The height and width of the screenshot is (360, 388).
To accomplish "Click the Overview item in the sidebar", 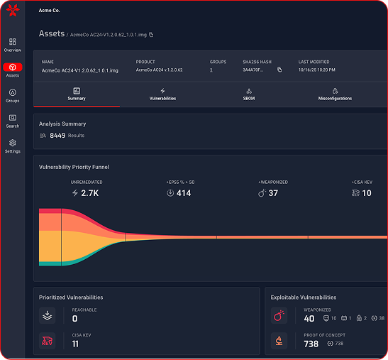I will [x=12, y=45].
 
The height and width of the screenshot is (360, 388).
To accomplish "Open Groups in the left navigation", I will [x=12, y=95].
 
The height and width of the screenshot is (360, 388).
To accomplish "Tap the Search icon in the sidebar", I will [x=12, y=120].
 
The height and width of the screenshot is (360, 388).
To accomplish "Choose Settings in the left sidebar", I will [x=12, y=146].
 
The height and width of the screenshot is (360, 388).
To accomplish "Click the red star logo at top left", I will [x=11, y=11].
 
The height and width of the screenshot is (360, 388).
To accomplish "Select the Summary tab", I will [x=77, y=94].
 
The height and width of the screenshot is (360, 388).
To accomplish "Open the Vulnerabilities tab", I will [x=162, y=94].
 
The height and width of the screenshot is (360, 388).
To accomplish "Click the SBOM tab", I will [x=249, y=94].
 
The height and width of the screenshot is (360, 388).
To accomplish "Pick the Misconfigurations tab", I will [x=335, y=94].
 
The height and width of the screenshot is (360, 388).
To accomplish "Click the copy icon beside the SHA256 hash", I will [x=279, y=70].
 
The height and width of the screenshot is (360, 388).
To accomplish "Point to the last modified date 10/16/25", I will [x=316, y=70].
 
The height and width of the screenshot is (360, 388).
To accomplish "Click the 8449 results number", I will [x=57, y=135].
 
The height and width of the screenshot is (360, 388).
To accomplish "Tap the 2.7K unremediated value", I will [x=89, y=193].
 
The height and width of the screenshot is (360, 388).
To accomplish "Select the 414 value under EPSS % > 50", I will [x=183, y=193].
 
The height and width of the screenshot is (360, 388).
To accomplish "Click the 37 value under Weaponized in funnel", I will [x=273, y=193].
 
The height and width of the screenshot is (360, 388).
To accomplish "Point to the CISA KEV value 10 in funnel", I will [x=366, y=193].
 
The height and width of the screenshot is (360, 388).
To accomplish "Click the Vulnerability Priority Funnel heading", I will [x=74, y=167].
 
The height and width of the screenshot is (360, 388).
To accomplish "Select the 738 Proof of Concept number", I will [x=311, y=344].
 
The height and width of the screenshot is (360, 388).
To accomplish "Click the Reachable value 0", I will [x=74, y=319].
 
